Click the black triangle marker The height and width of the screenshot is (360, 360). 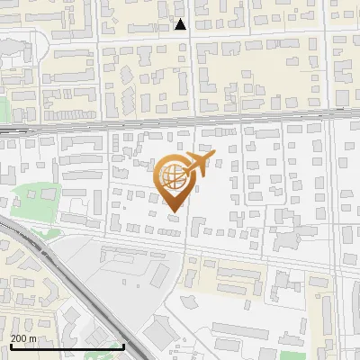click(181, 25)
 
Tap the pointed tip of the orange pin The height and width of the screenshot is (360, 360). click(174, 211)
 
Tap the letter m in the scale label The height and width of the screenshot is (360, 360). click(34, 338)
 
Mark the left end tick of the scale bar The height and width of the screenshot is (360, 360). click(10, 346)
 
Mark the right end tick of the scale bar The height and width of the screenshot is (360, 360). click(123, 346)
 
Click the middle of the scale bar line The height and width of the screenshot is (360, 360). click(67, 346)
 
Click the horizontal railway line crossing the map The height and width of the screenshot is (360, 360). click(180, 126)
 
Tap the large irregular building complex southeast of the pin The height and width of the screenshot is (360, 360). click(286, 238)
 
